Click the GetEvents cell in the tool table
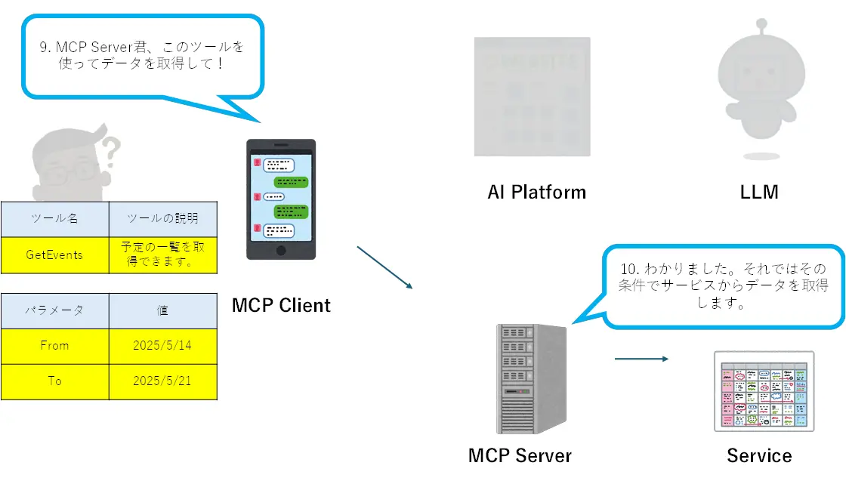pyautogui.click(x=54, y=255)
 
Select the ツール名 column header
pyautogui.click(x=54, y=219)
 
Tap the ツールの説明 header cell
pyautogui.click(x=163, y=219)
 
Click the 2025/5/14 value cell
pyautogui.click(x=163, y=346)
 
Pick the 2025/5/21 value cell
pyautogui.click(x=163, y=381)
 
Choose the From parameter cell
pyautogui.click(x=54, y=346)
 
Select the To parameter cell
pyautogui.click(x=54, y=381)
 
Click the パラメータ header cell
pyautogui.click(x=54, y=310)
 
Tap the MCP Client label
pyautogui.click(x=281, y=306)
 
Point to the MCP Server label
pyautogui.click(x=520, y=455)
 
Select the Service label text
pyautogui.click(x=759, y=455)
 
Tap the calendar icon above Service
pyautogui.click(x=764, y=391)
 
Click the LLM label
pyautogui.click(x=759, y=193)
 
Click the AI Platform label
pyautogui.click(x=536, y=193)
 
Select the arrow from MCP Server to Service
pyautogui.click(x=641, y=359)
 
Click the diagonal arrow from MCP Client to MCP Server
pyautogui.click(x=384, y=267)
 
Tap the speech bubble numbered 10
pyautogui.click(x=724, y=287)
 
